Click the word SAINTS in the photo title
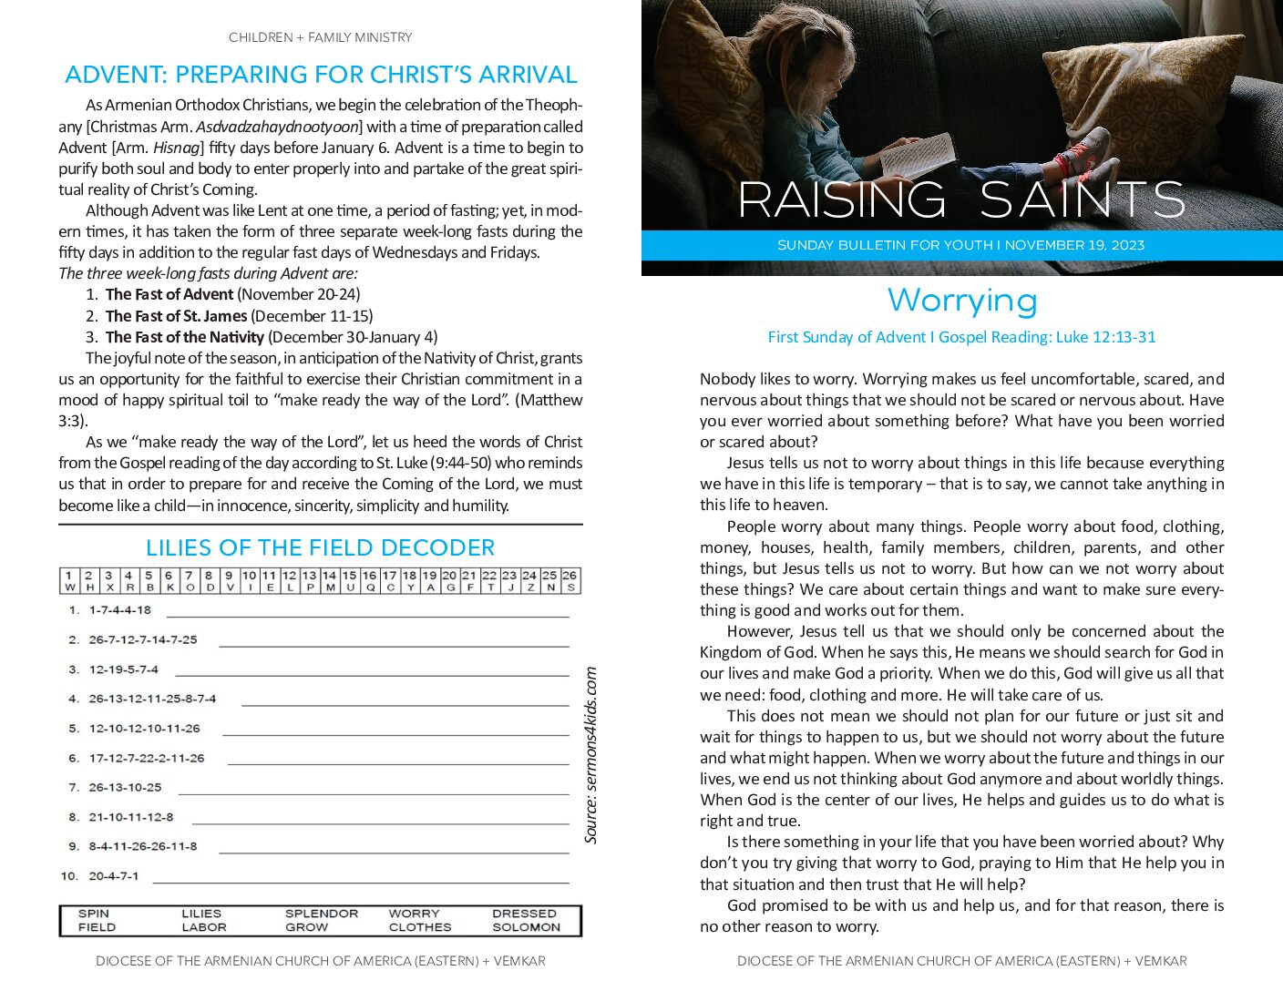tap(1083, 200)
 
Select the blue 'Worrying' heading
tap(962, 301)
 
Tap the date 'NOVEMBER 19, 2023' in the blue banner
tap(1074, 245)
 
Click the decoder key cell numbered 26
tap(570, 581)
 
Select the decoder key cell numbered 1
tap(69, 581)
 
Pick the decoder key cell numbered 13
tap(309, 581)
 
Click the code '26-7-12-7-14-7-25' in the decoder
tap(143, 639)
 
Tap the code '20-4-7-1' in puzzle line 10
tap(114, 876)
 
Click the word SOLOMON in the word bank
tap(526, 927)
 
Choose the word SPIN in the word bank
tap(94, 913)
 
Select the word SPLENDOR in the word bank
tap(322, 913)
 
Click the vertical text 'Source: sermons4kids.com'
tap(591, 755)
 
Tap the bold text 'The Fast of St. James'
tap(176, 316)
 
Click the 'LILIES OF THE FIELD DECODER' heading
tap(320, 547)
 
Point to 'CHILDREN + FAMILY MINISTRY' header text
tap(320, 37)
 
